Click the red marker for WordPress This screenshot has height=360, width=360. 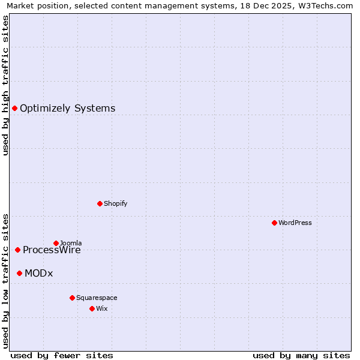(274, 223)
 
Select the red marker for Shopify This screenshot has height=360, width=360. (100, 203)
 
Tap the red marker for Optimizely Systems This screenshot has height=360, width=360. (14, 108)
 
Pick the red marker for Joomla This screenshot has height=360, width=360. (56, 243)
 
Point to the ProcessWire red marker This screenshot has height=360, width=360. (17, 250)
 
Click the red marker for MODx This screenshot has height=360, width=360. (19, 273)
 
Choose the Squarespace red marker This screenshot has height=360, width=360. (72, 298)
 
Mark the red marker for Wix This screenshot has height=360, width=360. (92, 308)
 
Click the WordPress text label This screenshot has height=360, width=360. (295, 223)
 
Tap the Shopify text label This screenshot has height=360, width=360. (115, 203)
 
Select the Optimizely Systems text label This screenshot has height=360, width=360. (67, 108)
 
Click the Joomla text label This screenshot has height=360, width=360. (71, 243)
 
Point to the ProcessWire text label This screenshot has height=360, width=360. (52, 250)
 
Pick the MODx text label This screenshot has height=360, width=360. (38, 274)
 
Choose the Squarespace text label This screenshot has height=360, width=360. (97, 298)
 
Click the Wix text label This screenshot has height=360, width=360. (101, 308)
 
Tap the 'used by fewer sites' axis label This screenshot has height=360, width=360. (62, 355)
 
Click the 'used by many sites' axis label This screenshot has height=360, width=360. (301, 355)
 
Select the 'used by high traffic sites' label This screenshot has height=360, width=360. (5, 85)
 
